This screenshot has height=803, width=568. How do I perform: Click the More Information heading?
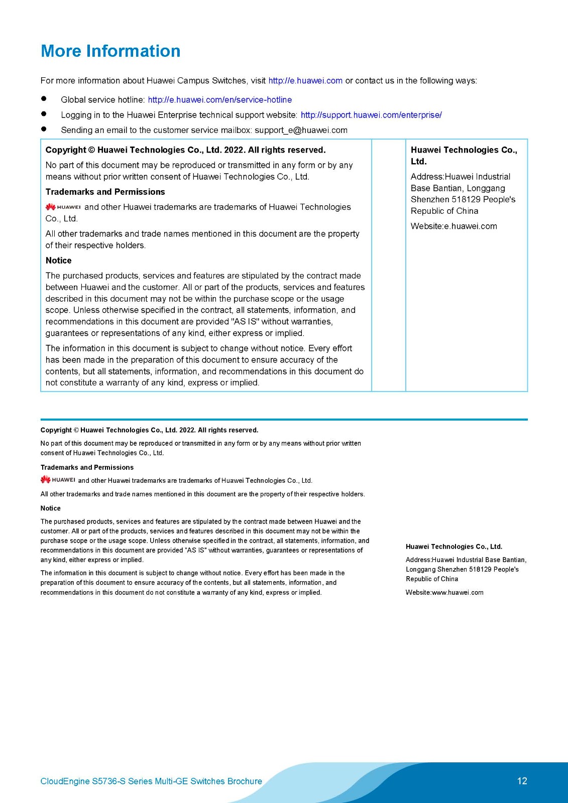point(110,51)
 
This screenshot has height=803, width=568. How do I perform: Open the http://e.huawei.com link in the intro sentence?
point(305,81)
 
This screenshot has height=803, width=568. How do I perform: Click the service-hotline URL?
point(219,100)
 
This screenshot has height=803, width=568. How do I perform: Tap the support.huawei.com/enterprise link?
point(371,115)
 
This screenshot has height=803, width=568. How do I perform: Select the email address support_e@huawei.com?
point(301,130)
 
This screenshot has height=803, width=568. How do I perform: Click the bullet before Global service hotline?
point(44,99)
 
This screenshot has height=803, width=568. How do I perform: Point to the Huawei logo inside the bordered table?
point(63,207)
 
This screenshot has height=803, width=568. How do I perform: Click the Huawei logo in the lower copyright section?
point(58,480)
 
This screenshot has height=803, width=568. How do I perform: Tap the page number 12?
point(522,781)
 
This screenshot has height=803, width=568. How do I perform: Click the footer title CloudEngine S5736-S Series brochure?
point(151,781)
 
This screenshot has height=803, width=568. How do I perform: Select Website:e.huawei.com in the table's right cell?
point(453,226)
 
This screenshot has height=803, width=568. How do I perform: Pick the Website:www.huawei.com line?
point(444,593)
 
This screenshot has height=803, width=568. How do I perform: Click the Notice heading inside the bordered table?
point(59,260)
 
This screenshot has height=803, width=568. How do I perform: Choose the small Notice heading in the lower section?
point(51,508)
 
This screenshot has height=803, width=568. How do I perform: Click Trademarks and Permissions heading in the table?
point(105,192)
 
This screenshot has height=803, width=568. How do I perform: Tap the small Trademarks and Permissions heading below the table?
point(87,467)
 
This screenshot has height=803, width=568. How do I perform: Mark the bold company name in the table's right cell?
point(464,155)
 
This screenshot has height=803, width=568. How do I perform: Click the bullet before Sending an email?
point(44,129)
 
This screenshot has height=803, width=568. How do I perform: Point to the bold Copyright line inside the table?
point(185,150)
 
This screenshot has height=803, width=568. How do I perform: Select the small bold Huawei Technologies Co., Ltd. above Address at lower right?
point(454,547)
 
